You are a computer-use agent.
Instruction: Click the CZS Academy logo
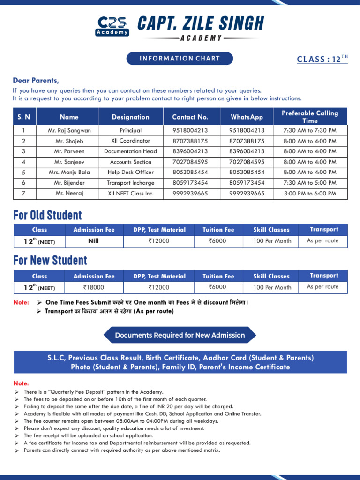[x=112, y=26]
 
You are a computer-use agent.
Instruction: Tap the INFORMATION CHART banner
[x=180, y=59]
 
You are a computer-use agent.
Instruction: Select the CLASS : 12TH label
[x=322, y=60]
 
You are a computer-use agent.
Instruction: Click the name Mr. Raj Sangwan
[x=69, y=130]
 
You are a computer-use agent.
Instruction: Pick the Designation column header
[x=130, y=117]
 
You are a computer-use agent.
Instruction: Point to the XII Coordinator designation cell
[x=130, y=141]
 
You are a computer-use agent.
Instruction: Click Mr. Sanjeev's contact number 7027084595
[x=190, y=162]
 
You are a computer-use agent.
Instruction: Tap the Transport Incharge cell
[x=130, y=183]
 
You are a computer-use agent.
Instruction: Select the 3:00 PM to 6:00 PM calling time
[x=310, y=193]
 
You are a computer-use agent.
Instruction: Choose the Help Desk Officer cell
[x=130, y=172]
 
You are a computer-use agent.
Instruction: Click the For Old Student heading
[x=47, y=216]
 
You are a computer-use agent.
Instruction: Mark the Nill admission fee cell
[x=94, y=241]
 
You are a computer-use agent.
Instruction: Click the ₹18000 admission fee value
[x=94, y=287]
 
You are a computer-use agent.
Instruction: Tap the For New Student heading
[x=50, y=261]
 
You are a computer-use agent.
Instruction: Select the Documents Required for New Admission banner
[x=180, y=335]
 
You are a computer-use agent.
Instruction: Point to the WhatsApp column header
[x=247, y=117]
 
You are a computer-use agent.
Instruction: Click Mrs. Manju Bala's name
[x=69, y=172]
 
